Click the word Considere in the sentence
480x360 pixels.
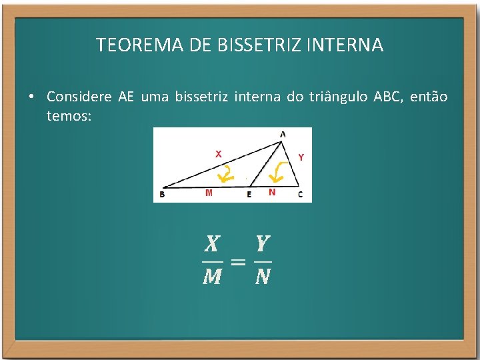pyautogui.click(x=79, y=97)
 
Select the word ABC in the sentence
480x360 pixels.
pyautogui.click(x=387, y=97)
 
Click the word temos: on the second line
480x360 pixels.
pyautogui.click(x=69, y=115)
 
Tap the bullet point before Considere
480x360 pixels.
pyautogui.click(x=31, y=97)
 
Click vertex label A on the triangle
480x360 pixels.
pyautogui.click(x=283, y=135)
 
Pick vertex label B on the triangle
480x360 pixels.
pyautogui.click(x=162, y=195)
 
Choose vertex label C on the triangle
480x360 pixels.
pyautogui.click(x=300, y=194)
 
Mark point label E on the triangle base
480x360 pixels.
pyautogui.click(x=249, y=195)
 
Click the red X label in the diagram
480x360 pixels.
pyautogui.click(x=218, y=153)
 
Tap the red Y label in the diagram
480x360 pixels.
pyautogui.click(x=301, y=157)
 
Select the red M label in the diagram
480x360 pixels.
pyautogui.click(x=209, y=193)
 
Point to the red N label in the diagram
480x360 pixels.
pyautogui.click(x=271, y=192)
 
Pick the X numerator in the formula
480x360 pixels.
pyautogui.click(x=212, y=244)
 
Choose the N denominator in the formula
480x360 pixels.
pyautogui.click(x=262, y=277)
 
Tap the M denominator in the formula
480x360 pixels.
pyautogui.click(x=212, y=277)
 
